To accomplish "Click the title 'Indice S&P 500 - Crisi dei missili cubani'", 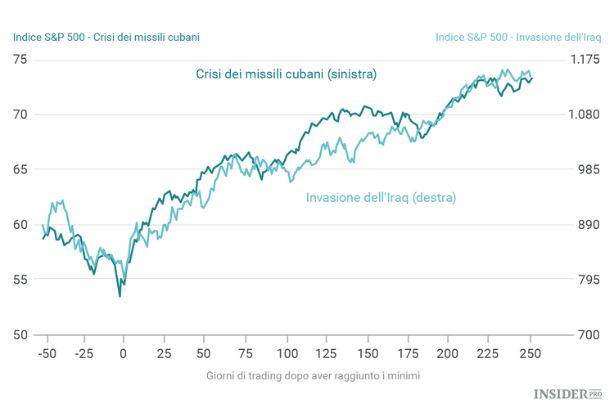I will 106,37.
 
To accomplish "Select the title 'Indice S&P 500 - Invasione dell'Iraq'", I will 518,37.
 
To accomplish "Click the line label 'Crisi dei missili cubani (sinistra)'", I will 286,74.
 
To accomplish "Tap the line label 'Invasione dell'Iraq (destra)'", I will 381,198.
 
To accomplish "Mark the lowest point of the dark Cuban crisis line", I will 120,296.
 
